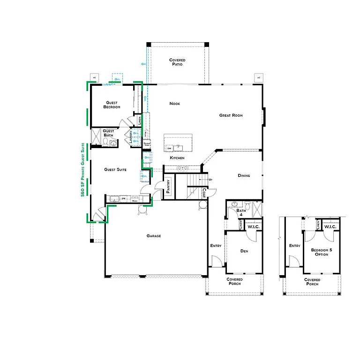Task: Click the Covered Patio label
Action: tap(177, 62)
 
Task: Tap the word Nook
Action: tap(175, 104)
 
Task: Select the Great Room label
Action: tap(231, 115)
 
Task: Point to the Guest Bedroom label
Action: tap(112, 105)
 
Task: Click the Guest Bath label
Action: tap(108, 133)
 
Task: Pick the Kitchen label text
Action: tap(177, 158)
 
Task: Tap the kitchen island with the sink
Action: tap(178, 143)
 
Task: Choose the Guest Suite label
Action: tap(116, 169)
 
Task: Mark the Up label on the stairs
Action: tap(210, 180)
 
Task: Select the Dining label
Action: tap(244, 176)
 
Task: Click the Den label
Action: tap(244, 251)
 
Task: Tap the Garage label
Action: tap(153, 236)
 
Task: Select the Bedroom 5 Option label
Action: tap(322, 252)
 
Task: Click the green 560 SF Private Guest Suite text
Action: tap(83, 170)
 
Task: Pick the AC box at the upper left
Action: tap(94, 77)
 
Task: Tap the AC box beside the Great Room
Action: tap(258, 77)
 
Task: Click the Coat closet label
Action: tap(204, 193)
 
